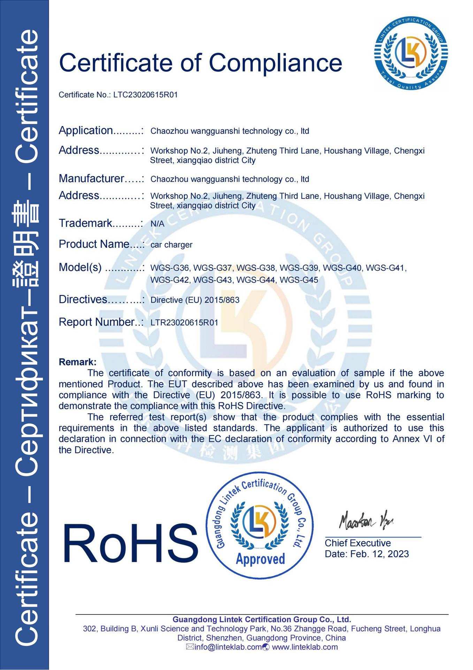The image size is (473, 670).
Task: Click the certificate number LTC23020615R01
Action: coord(145,95)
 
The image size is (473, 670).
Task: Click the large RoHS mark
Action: coord(130,544)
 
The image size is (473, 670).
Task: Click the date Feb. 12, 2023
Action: coord(379,554)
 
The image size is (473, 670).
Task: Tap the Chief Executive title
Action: coord(358,543)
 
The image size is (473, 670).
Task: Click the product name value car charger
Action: coord(171,245)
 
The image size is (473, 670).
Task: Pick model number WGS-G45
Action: coord(299,280)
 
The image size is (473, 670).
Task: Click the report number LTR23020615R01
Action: coord(184,322)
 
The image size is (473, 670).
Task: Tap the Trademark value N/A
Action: coord(157,224)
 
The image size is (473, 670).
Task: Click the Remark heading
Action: coord(77,362)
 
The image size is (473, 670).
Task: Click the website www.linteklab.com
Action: coord(305,647)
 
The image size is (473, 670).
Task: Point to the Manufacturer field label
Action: coord(91,179)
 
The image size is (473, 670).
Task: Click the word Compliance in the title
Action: coord(275,63)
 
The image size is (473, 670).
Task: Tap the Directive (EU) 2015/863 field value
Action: coord(195,300)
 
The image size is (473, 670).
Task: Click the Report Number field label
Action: coord(97,322)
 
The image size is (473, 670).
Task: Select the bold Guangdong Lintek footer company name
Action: coord(262,620)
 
